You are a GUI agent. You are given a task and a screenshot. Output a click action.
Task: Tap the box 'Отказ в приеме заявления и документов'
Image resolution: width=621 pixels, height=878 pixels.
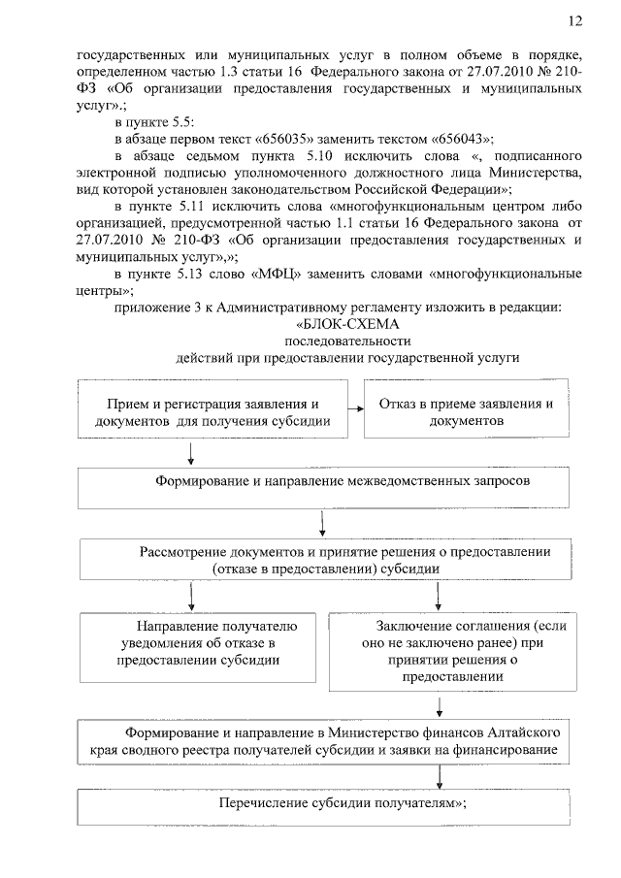click(467, 412)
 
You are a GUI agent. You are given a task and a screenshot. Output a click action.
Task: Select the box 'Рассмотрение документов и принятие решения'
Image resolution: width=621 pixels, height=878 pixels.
click(330, 561)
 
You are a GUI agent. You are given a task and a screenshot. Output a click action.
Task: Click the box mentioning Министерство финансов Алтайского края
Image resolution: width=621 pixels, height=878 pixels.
click(330, 740)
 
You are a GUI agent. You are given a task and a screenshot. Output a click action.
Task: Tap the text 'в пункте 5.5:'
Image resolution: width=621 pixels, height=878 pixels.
click(155, 121)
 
